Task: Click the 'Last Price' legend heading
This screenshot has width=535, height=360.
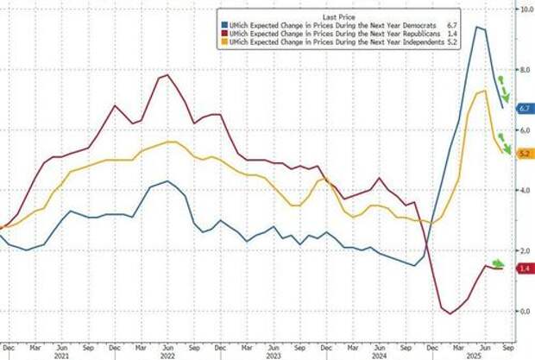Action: tap(320, 16)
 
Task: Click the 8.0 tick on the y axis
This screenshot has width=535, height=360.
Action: tap(523, 69)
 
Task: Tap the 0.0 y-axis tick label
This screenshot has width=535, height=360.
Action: tap(523, 311)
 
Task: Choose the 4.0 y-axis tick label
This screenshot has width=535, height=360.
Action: tap(523, 190)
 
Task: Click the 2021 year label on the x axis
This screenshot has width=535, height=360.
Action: tap(60, 355)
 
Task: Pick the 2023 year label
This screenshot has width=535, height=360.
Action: tap(273, 355)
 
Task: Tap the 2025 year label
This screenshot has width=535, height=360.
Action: tap(473, 355)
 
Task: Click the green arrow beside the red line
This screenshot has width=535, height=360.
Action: tap(499, 263)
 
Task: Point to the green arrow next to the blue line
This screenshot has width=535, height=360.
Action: tap(504, 90)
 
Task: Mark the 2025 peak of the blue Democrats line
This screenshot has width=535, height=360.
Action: tap(476, 28)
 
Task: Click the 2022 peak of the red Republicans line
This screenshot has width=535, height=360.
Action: tap(166, 76)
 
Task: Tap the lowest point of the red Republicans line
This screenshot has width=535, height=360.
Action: tap(450, 313)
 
